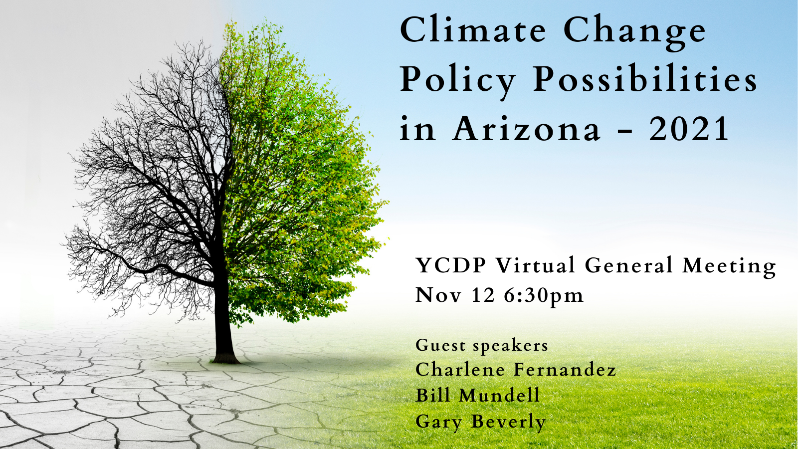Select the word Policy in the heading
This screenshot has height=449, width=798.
(458, 82)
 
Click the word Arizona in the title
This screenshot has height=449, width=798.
(526, 128)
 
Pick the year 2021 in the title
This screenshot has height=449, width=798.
(689, 128)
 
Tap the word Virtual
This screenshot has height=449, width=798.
(536, 265)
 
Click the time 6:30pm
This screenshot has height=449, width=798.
(544, 296)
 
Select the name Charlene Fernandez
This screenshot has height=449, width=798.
(516, 370)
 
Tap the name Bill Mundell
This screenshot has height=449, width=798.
(478, 395)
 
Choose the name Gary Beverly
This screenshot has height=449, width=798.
(481, 422)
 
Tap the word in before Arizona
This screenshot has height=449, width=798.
(417, 128)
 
